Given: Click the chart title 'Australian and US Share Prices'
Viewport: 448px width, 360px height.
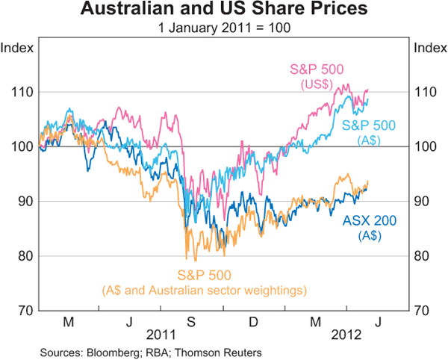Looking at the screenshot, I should (x=224, y=10).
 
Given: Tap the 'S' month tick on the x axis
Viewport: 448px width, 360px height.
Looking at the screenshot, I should (x=191, y=323).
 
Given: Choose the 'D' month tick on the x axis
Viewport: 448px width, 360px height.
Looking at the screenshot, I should (x=253, y=323).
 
